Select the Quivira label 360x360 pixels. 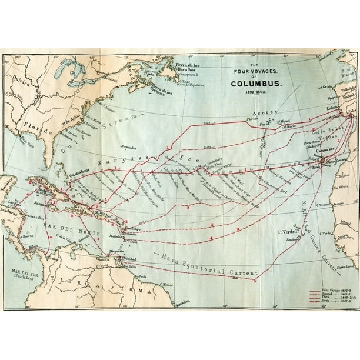click(x=15, y=82)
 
